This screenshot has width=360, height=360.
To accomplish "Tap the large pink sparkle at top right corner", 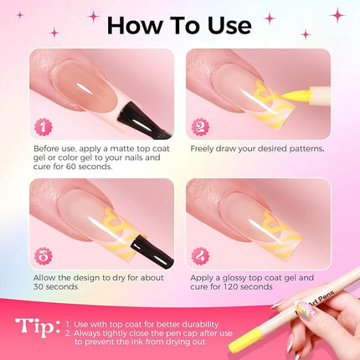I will pos(337,14).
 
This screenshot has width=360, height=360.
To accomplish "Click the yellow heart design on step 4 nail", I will pos(276,227).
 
